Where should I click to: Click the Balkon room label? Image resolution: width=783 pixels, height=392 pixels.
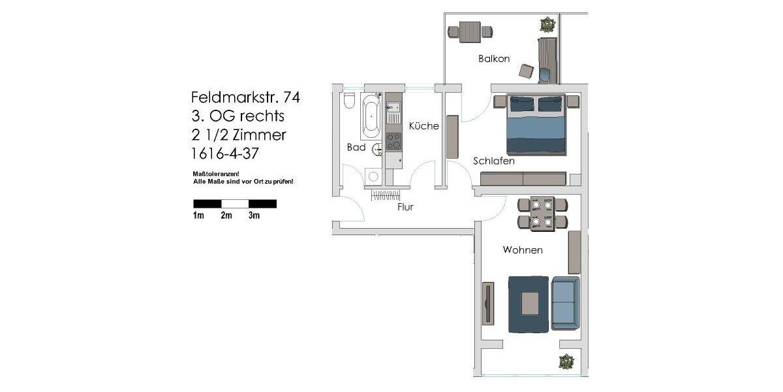click(x=494, y=59)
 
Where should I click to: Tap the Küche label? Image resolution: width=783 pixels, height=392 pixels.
click(x=424, y=126)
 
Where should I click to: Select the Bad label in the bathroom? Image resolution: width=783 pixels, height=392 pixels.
click(x=356, y=148)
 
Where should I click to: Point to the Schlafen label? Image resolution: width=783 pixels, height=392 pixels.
click(x=494, y=161)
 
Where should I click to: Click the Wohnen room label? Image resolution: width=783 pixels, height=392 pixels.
click(x=523, y=250)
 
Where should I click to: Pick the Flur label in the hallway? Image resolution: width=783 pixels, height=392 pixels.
click(x=405, y=208)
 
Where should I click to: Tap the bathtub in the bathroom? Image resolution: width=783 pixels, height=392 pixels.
click(x=370, y=116)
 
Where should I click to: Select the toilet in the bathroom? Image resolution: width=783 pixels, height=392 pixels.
click(x=349, y=101)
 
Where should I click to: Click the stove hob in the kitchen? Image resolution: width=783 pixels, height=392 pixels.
click(x=393, y=141)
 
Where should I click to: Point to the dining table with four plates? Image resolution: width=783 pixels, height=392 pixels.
click(x=542, y=214)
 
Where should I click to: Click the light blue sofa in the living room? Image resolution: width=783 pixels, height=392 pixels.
click(x=564, y=303)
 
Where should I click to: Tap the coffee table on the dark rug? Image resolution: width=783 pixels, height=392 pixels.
click(x=529, y=304)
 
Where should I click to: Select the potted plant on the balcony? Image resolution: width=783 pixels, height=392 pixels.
click(x=547, y=25)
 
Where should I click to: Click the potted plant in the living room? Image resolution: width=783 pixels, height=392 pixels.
click(x=566, y=361)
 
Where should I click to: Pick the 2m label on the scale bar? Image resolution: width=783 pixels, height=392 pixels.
click(x=226, y=216)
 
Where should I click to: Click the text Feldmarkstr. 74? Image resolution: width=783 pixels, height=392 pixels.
click(x=245, y=97)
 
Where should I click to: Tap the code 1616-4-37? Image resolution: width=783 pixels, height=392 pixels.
click(x=229, y=155)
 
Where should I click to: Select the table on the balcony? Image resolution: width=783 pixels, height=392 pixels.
click(x=470, y=31)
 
